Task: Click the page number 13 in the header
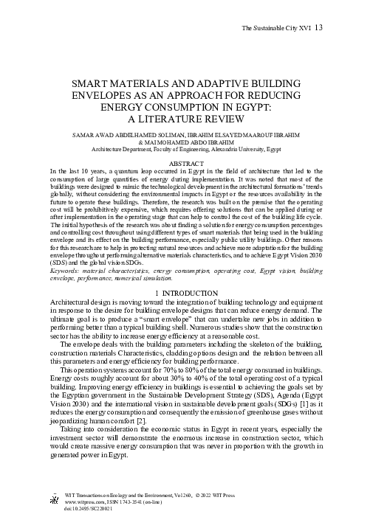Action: tap(318, 28)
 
